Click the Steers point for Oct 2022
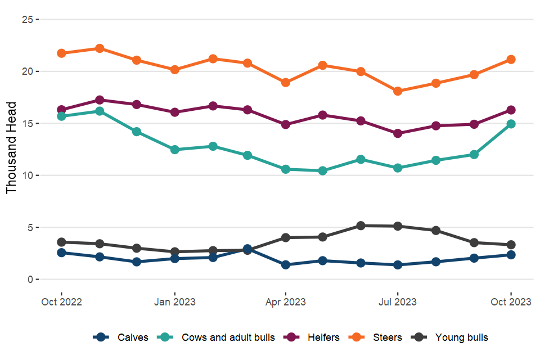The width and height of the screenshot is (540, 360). coord(61,53)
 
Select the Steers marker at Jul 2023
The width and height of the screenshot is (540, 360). coord(398,91)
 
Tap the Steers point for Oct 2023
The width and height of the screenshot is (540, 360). coord(511,60)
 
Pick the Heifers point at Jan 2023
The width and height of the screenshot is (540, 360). coord(175,112)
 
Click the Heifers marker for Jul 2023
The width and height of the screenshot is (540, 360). coord(398,133)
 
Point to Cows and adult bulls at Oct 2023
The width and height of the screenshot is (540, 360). coord(511,124)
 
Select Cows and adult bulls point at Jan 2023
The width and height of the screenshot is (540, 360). coord(175,150)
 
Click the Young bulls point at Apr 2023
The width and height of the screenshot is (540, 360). coord(286,237)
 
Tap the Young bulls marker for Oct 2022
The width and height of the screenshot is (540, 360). coord(61,242)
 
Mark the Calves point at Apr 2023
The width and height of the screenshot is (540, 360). coord(286,264)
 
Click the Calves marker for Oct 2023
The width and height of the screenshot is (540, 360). coord(511,255)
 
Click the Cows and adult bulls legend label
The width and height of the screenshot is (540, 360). coord(228,337)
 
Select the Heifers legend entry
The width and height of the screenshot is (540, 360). coord(323,337)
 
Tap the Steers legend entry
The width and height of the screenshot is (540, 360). coord(387,337)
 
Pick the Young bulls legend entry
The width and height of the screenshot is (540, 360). coord(461,337)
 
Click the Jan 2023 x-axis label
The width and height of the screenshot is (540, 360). coord(175,302)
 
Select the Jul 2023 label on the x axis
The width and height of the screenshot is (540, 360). coord(398,302)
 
